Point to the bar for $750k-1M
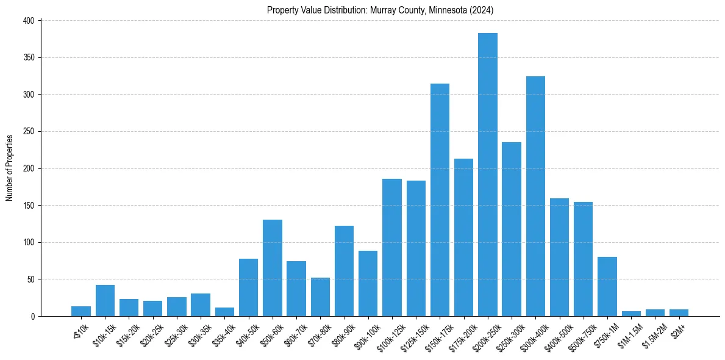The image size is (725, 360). (607, 287)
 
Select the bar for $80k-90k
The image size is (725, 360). (344, 271)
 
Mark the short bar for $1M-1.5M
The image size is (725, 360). (631, 314)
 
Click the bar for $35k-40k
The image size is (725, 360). (224, 312)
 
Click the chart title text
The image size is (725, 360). (380, 10)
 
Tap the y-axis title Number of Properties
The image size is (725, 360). (10, 168)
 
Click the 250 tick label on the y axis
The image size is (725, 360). (30, 131)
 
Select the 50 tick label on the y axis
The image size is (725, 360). (32, 279)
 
